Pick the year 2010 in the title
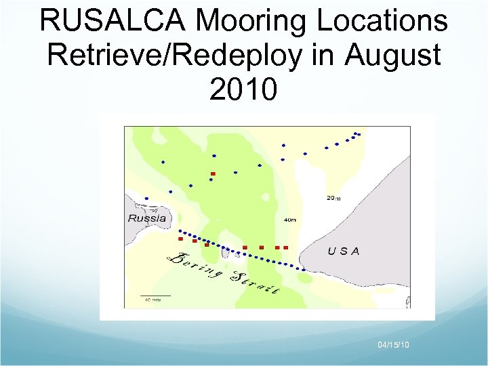[243, 88]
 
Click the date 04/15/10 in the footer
[393, 346]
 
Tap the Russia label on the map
[147, 218]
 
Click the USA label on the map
[344, 251]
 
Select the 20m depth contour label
[333, 198]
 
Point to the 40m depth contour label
[290, 220]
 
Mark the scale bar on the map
[156, 296]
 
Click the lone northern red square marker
[213, 174]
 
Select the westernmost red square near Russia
[180, 239]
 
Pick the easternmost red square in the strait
[286, 247]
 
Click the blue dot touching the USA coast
[304, 270]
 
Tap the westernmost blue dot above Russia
[146, 199]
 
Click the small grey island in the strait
[237, 255]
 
